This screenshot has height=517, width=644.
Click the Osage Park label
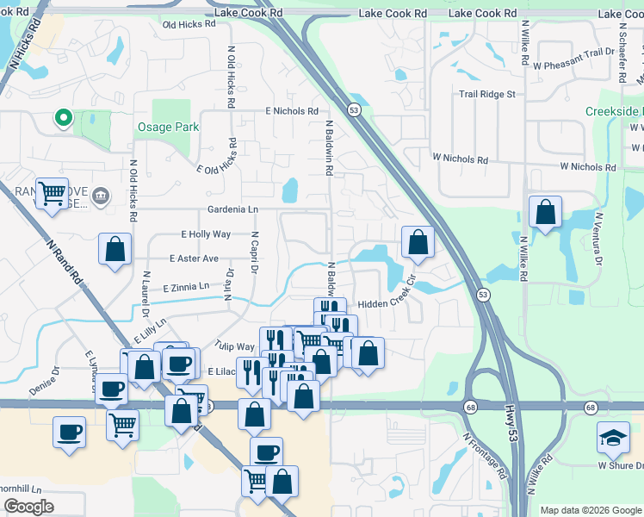(x=168, y=127)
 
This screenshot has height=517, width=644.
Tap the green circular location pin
(x=62, y=118)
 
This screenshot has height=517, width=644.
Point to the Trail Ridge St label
(x=486, y=94)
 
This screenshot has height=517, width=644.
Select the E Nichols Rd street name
(x=292, y=111)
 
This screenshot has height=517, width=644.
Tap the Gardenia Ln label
(x=232, y=209)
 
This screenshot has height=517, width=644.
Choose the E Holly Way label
(x=206, y=234)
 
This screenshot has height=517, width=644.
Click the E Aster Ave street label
(x=194, y=258)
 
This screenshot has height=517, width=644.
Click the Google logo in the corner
(x=28, y=507)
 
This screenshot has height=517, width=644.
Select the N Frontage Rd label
(x=485, y=456)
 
